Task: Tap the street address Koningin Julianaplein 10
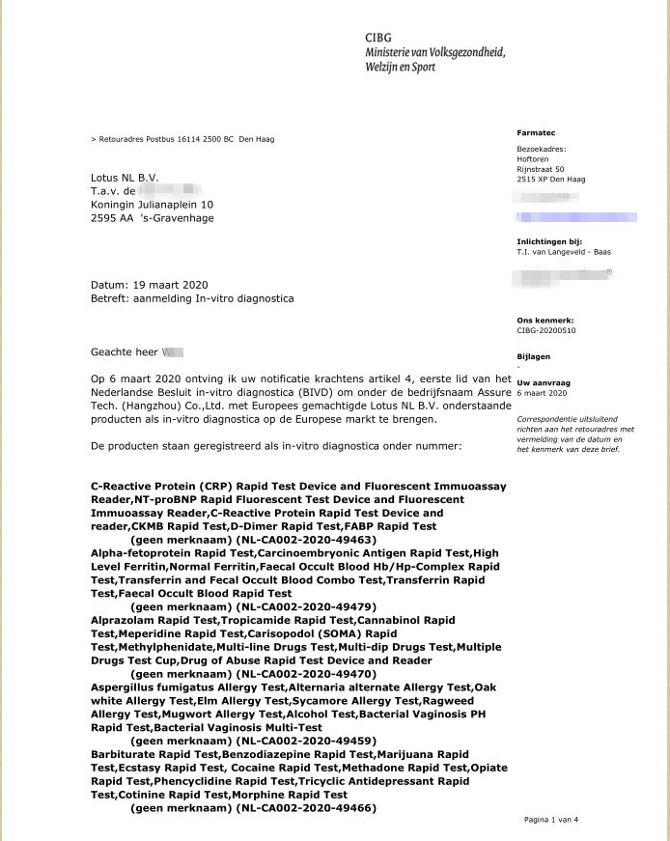tap(153, 205)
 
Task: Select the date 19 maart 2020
tap(168, 285)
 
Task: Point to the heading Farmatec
tap(536, 131)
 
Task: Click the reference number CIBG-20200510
tap(547, 329)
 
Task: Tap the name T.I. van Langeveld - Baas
tap(564, 252)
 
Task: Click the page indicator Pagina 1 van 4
tap(550, 820)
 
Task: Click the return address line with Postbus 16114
tap(182, 139)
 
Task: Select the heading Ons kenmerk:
tap(545, 319)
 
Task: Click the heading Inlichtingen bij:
tap(550, 241)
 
